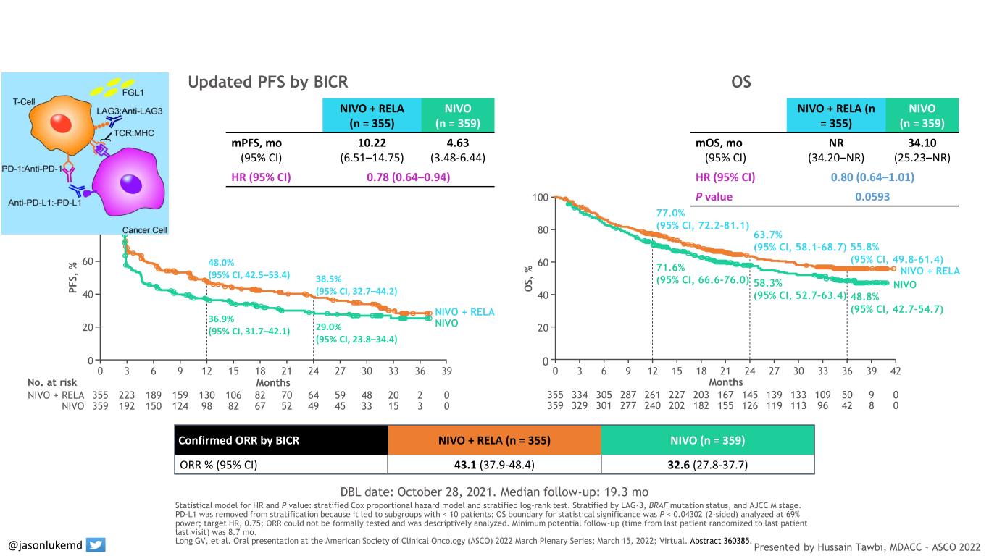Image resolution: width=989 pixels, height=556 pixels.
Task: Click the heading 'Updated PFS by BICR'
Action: [x=267, y=83]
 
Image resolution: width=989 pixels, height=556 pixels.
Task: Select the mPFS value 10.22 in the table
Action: [x=372, y=143]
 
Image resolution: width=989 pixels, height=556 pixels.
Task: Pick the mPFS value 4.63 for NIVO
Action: [x=457, y=143]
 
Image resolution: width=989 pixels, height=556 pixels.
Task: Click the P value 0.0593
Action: [x=872, y=196]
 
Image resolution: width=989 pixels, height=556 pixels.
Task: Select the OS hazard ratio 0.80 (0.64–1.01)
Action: [x=872, y=177]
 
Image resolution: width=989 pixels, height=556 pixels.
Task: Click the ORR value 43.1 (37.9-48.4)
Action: [x=495, y=461]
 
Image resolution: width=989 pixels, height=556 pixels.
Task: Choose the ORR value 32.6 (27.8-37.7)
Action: [x=708, y=461]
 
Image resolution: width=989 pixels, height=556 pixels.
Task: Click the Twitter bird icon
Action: [x=96, y=544]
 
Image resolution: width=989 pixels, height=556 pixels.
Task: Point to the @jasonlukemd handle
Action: [x=45, y=544]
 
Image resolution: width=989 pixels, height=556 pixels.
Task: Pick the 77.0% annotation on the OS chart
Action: [x=670, y=214]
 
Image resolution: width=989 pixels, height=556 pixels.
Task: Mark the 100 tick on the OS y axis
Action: [x=541, y=198]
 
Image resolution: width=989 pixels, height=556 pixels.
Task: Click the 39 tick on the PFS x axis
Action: [x=446, y=371]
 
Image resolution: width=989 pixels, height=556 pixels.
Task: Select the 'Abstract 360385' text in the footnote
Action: [x=721, y=540]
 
